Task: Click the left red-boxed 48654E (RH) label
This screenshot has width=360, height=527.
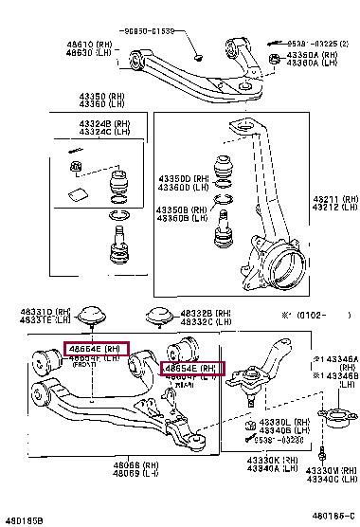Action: click(94, 349)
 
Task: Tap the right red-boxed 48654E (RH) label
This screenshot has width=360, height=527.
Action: click(192, 368)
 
